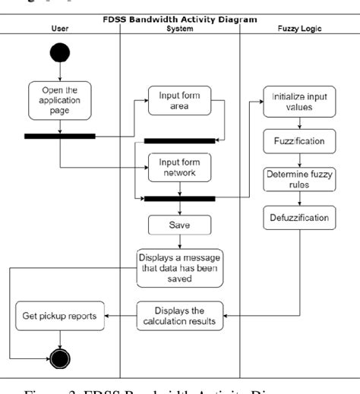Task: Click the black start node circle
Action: pos(60,52)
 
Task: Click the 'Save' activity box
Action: pos(179,225)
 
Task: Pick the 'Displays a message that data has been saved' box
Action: pos(179,267)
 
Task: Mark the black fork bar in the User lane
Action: pos(60,137)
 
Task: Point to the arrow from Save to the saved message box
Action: pos(179,241)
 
